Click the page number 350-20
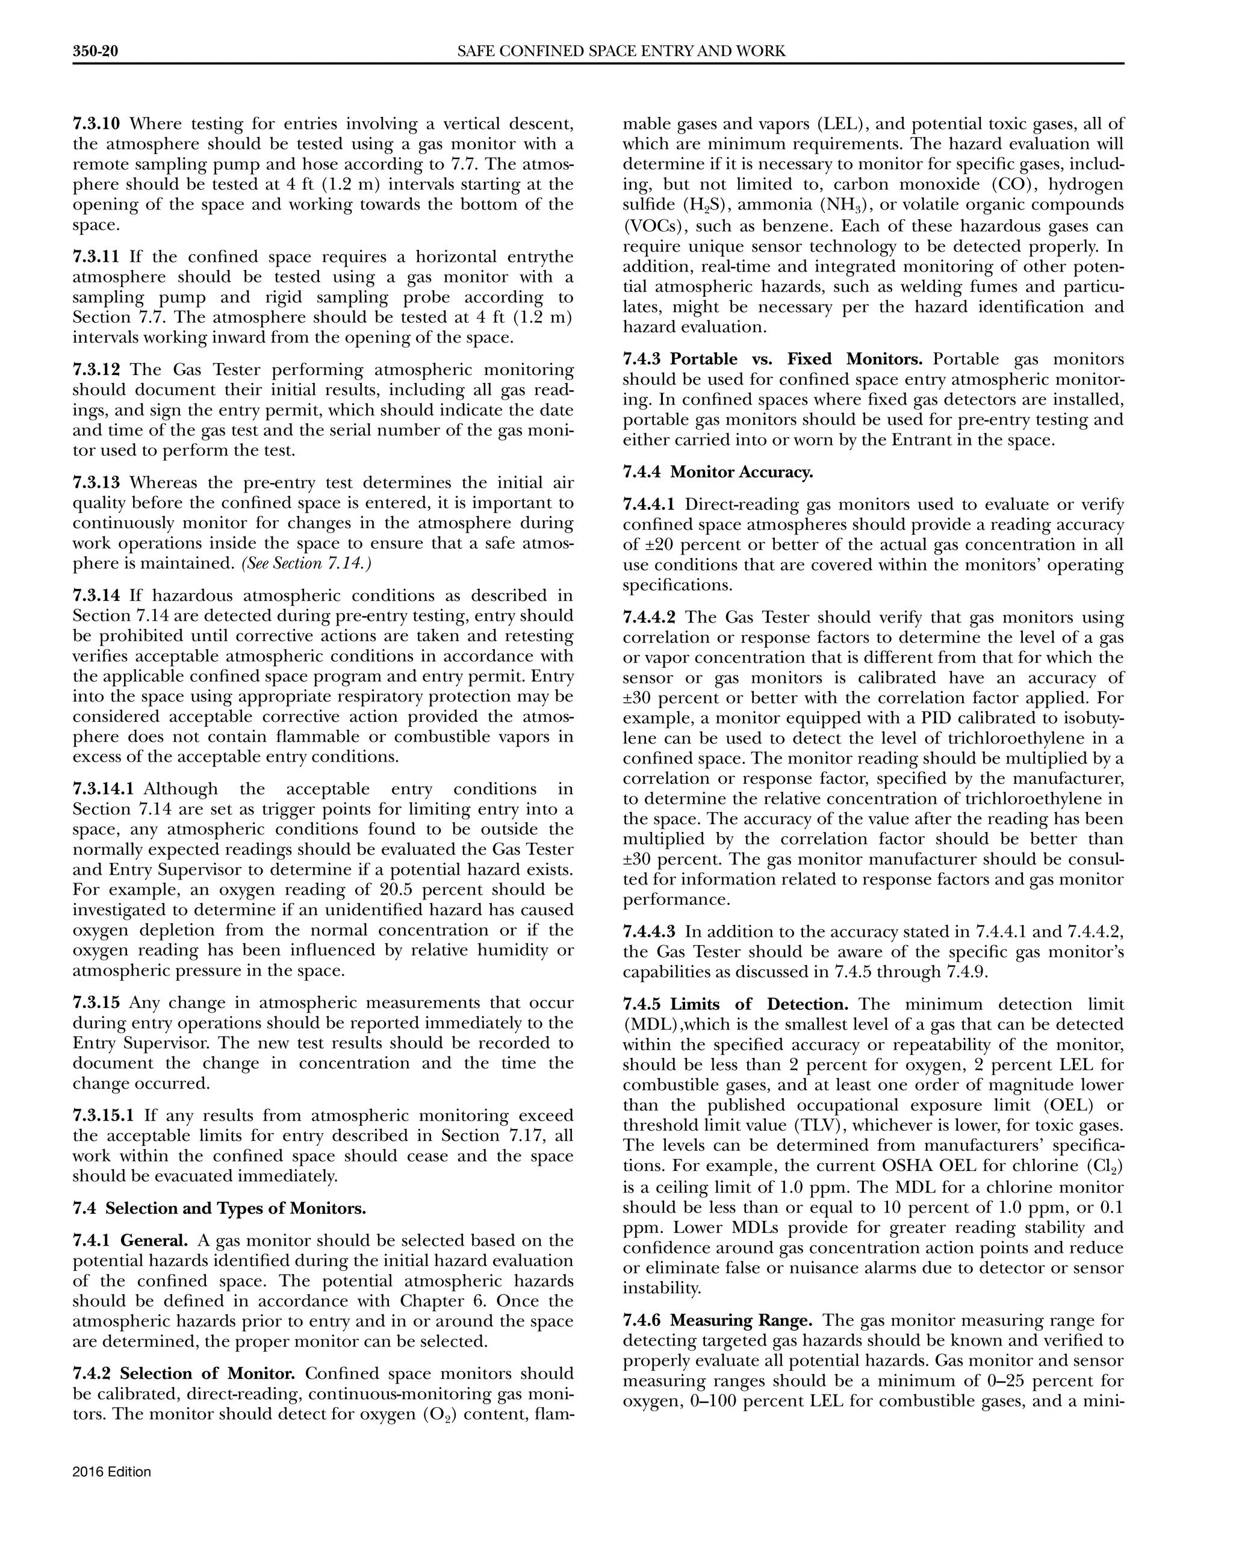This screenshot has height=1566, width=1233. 95,51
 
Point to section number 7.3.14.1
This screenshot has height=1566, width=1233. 103,789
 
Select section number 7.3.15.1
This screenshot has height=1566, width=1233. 103,1116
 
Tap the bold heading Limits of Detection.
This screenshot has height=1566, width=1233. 759,1004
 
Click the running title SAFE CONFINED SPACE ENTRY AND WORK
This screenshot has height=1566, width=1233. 621,51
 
